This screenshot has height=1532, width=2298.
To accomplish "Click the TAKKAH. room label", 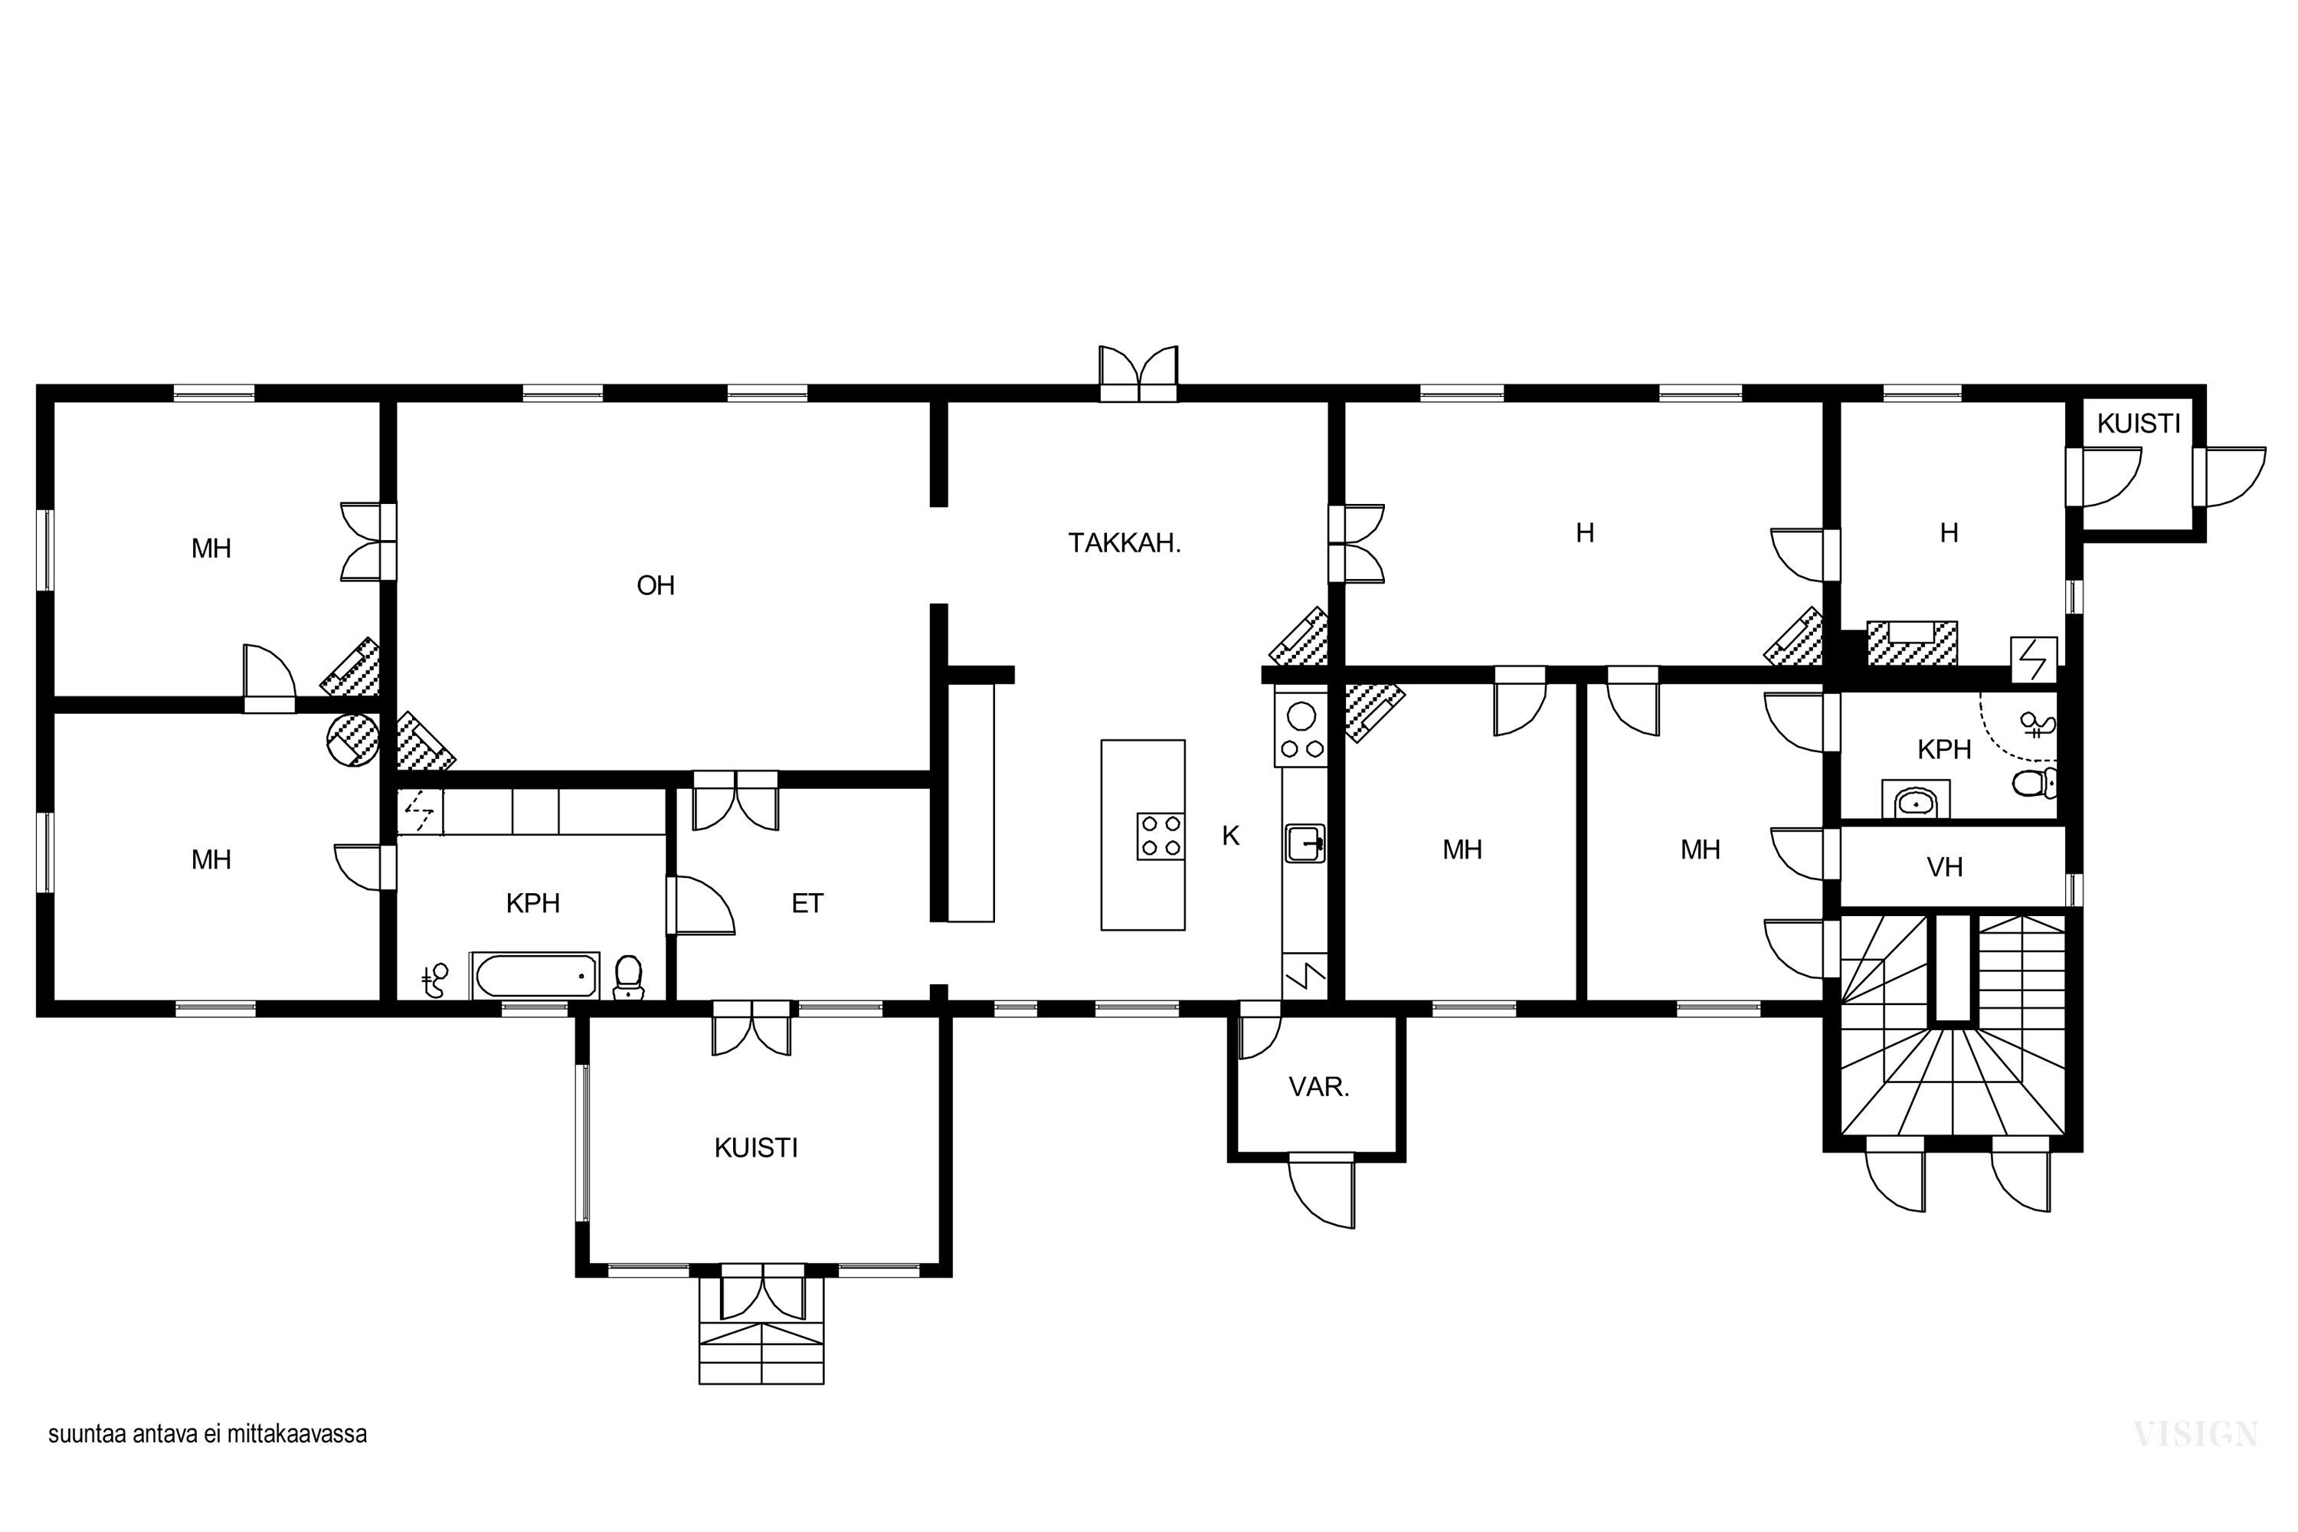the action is coord(1124,543).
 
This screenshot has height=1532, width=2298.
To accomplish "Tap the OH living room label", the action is coord(656,585).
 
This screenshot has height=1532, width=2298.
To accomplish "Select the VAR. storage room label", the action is coord(1319,1088).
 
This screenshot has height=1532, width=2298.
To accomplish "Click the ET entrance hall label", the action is coord(807,904).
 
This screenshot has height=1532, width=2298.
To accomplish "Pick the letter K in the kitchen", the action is coord(1231,836).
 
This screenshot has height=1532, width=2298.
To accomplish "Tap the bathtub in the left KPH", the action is coord(535,975).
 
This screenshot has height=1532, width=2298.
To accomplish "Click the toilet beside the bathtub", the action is coord(628,978).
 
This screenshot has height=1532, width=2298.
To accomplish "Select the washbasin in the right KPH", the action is coord(1916,801).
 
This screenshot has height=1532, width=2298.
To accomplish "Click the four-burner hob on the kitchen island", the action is coord(1160,836).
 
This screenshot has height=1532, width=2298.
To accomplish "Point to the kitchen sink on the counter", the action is coord(1305,842).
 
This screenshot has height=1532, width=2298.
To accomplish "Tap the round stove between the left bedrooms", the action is coord(352,738).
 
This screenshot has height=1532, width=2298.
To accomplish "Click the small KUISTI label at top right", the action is coord(2139,424).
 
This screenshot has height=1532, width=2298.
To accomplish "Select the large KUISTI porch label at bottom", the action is coord(756,1148).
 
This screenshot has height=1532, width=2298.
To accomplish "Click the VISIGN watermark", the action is coord(2195,1434).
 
